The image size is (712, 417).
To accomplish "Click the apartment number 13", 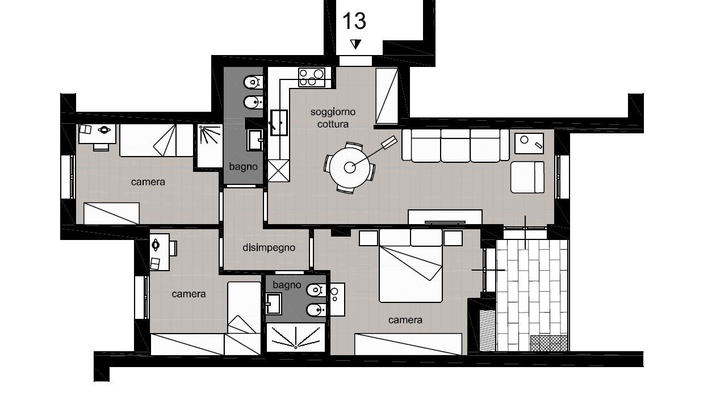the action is pos(354,22).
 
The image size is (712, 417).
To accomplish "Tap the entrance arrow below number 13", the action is pos(355,44).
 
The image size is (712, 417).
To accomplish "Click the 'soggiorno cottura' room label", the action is pos(333,118).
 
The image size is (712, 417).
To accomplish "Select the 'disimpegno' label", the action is pos(269,247).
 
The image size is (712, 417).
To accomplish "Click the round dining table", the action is pos(350,167).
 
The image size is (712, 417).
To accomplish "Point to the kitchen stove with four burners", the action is pos(312,77).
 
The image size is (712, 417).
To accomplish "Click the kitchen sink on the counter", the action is pos(279,123).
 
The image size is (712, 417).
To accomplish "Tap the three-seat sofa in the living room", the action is pos(455,145).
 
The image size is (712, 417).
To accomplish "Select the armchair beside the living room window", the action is pos(527,177).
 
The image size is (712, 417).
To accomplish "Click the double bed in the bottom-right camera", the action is pos(411,266).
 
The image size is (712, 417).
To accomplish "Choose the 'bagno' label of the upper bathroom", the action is pos(243,167).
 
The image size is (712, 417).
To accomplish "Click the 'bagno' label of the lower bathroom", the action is pos(287,285).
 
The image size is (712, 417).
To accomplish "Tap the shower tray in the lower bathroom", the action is pos(296,338).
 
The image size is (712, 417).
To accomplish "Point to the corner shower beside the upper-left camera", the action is pos(210,146).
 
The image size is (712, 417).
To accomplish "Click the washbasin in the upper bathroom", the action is pos(255,140).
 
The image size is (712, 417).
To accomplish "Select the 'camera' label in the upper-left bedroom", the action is pos(148,182).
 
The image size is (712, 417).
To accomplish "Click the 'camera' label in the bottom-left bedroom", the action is pos(189,294).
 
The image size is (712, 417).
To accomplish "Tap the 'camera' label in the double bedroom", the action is pos(405,320).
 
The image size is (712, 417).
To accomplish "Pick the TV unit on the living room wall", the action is pos(445,217).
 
